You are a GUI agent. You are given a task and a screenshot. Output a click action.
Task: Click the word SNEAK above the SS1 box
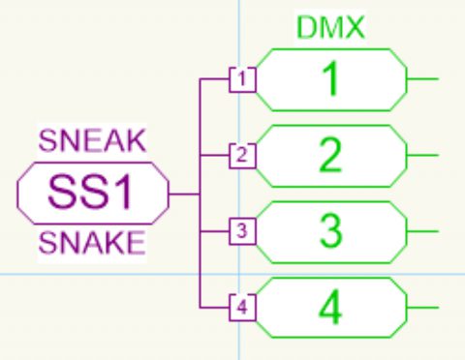[x=92, y=140]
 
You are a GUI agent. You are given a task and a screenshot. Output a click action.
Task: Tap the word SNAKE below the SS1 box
[x=92, y=243]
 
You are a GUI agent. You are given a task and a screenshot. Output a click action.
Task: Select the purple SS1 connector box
[x=92, y=193]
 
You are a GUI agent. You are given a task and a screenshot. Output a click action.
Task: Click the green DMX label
[x=330, y=29]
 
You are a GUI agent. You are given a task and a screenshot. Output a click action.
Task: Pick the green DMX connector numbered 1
[x=330, y=79]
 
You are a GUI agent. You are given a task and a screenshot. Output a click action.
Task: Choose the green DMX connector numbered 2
[x=330, y=155]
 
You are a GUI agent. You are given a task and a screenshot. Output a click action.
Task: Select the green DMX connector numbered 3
[x=330, y=231]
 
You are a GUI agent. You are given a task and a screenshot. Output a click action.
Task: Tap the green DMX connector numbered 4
[x=330, y=308]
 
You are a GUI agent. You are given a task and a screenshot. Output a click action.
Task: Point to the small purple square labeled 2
[x=243, y=155]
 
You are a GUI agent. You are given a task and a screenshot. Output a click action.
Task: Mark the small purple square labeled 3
[x=243, y=231]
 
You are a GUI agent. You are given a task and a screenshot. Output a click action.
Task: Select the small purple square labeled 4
[x=243, y=308]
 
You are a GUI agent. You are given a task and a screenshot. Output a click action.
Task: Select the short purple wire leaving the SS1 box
[x=183, y=193]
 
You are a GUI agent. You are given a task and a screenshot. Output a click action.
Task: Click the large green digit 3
[x=330, y=231]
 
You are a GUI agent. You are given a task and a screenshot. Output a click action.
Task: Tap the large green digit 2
[x=330, y=155]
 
